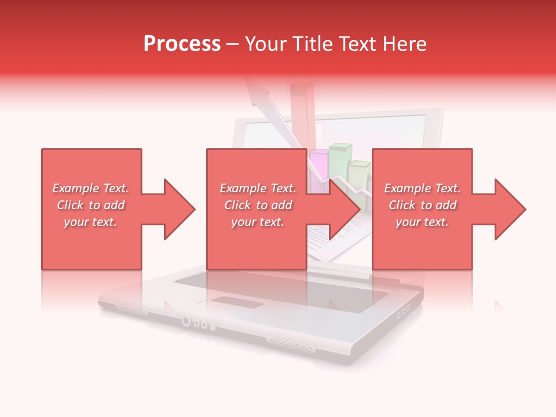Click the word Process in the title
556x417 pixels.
coord(182,44)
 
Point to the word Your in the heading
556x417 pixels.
coord(266,44)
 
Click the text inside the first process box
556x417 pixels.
coord(90,205)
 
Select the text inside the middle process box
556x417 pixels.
coord(258,205)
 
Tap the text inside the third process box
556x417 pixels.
coord(422,205)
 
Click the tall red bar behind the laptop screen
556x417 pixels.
coord(302,113)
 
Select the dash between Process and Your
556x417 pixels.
coord(232,44)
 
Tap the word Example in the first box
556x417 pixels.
coord(76,188)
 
